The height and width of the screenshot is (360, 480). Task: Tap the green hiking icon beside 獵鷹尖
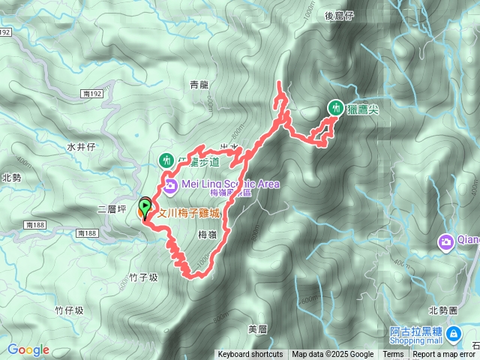coord(334,109)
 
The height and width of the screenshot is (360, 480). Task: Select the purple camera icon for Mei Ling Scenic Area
coord(169,184)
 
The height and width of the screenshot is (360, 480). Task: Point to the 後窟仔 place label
coord(339,15)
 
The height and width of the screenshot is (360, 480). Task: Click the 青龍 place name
coord(199,85)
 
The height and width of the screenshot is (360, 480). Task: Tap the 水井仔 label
coord(79,147)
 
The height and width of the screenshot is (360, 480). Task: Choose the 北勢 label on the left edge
coord(10,178)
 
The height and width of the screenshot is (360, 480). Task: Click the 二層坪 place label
coord(112,209)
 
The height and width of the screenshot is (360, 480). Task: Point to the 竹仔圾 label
coord(69,310)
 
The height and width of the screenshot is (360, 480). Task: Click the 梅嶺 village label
coord(207,235)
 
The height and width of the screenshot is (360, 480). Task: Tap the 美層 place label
coord(257,328)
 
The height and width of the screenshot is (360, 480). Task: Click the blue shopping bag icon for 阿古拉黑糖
coord(453,333)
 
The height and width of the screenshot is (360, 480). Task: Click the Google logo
coord(28,349)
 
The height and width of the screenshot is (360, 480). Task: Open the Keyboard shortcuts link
coord(250,355)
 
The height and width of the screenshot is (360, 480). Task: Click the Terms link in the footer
coord(393,355)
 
